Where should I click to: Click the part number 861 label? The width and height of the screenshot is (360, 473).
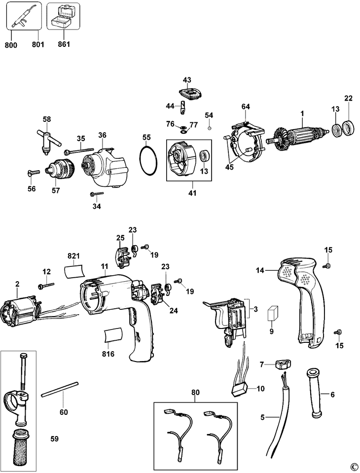point(64,44)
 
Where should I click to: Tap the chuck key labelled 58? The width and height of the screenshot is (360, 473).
point(48,142)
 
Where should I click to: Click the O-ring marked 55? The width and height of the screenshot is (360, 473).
point(148,160)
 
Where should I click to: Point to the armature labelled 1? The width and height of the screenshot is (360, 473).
point(298,136)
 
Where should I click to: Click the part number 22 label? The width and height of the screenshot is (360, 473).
point(349,98)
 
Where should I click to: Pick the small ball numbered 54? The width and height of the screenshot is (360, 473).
point(210,129)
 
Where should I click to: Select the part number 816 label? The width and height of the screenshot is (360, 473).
point(108,353)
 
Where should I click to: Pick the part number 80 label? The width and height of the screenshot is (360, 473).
point(195,392)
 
